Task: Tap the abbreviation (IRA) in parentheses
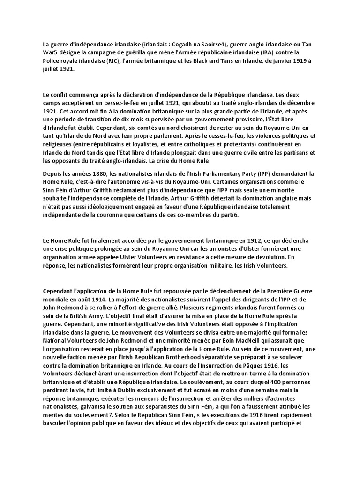coord(278,52)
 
